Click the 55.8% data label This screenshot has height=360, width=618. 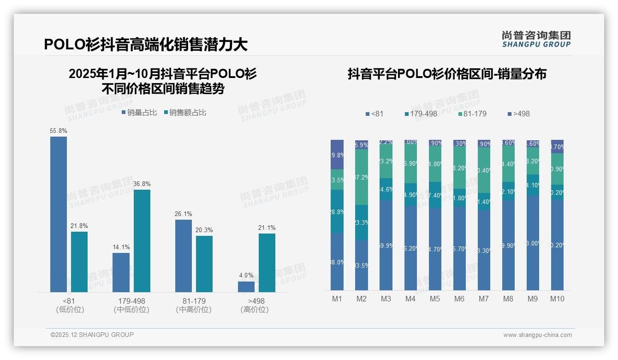tap(59, 131)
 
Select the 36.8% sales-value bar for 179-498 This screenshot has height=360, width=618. tap(142, 240)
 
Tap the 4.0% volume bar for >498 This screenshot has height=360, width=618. tap(246, 287)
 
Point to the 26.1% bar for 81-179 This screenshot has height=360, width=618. tap(184, 256)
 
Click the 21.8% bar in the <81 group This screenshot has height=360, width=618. tap(79, 262)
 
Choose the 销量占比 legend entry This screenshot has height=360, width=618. tap(139, 113)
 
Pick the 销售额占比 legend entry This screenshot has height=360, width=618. tap(185, 113)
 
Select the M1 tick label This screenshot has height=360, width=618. tap(337, 299)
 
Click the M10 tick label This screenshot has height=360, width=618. tap(557, 299)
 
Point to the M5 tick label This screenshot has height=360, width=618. tap(435, 299)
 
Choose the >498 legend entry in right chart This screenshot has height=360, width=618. tap(518, 114)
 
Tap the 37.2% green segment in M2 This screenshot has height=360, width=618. tap(362, 177)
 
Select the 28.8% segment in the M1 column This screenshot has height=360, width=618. tap(337, 211)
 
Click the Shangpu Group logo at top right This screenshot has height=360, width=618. tap(536, 39)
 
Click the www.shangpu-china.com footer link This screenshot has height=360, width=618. tap(537, 335)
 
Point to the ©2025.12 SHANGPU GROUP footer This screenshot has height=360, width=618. tap(92, 335)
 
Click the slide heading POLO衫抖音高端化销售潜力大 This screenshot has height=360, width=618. tap(146, 44)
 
